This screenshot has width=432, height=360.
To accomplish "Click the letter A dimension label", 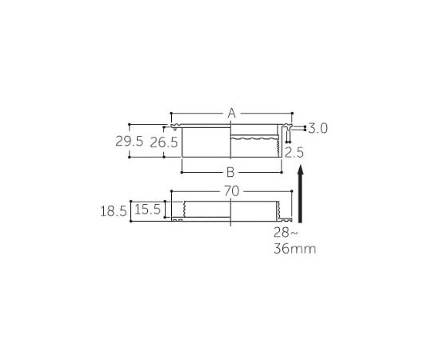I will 231,114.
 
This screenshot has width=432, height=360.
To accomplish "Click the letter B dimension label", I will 230,172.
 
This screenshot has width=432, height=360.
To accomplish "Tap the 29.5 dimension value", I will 129,142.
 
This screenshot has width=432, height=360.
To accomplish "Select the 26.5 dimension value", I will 164,142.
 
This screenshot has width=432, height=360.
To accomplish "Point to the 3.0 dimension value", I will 319,128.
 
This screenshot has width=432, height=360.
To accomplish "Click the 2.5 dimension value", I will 294,151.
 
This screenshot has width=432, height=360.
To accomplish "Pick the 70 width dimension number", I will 231,192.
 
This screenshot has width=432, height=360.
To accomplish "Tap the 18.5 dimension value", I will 114,211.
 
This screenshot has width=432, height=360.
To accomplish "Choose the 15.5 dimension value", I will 149,210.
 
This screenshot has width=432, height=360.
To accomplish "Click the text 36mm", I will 294,249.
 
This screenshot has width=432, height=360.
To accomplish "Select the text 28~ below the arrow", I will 286,233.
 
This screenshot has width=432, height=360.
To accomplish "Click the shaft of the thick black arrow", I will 301,200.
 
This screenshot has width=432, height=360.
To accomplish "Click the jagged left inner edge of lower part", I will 184,210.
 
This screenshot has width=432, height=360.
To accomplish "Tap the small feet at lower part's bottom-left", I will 180,222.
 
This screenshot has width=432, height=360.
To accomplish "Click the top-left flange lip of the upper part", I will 174,126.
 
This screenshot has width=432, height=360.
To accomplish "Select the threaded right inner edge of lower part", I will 278,212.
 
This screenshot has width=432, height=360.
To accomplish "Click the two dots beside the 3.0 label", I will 305,128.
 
